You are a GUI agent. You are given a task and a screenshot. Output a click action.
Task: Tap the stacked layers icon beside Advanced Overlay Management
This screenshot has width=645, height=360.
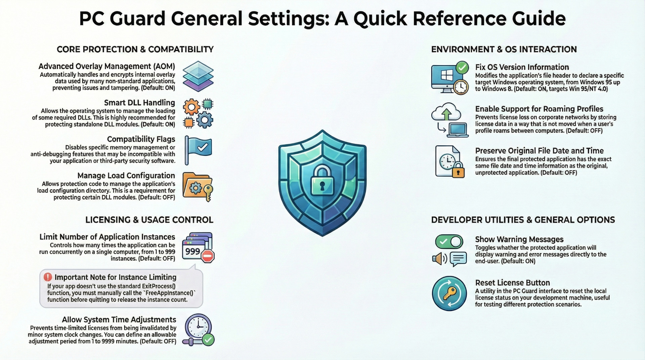[198, 76]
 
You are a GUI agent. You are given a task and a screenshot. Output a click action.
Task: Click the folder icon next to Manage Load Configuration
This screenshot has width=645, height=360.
[198, 187]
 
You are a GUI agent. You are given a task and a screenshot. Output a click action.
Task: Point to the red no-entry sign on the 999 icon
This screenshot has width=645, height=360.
[208, 256]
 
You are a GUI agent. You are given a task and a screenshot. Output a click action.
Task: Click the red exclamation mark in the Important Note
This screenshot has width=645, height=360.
[48, 277]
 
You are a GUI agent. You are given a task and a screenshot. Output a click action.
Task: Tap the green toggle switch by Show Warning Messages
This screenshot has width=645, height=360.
[449, 241]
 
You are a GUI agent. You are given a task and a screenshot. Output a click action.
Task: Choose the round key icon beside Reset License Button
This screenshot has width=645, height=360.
[449, 293]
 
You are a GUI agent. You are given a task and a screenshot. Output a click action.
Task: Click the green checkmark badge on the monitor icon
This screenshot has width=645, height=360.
[462, 68]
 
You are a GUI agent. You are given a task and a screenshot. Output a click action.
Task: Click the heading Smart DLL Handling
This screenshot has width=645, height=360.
[139, 103]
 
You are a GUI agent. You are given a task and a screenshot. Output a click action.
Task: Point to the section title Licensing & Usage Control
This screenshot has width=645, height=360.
[149, 220]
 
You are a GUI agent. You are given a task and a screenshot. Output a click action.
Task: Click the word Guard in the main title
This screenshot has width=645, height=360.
[137, 18]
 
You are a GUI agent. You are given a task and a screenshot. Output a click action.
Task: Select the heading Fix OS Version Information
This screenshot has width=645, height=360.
[522, 67]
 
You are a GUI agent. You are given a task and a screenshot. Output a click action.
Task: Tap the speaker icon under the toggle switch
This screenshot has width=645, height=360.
[439, 259]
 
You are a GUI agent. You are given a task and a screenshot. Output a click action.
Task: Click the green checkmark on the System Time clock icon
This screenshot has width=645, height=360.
[208, 340]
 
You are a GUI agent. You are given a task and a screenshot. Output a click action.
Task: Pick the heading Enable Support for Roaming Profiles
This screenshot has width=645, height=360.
[539, 109]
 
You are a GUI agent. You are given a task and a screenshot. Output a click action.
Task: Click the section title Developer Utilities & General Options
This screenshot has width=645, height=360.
[523, 220]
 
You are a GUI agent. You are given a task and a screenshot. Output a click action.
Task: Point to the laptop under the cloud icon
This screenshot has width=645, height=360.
[458, 130]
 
